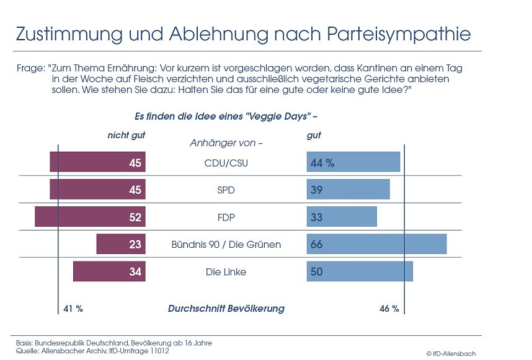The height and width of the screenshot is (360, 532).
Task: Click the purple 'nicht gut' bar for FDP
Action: click(x=90, y=217)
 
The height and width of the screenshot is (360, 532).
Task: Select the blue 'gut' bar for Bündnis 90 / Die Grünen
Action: click(x=376, y=244)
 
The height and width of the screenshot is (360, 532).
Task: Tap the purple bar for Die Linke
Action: click(x=109, y=271)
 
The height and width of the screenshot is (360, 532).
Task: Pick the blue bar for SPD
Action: click(x=348, y=190)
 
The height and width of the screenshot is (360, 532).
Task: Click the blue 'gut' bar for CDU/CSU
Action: click(x=353, y=162)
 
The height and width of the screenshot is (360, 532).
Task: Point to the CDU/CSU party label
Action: click(x=226, y=163)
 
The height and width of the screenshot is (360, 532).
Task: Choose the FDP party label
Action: click(x=226, y=217)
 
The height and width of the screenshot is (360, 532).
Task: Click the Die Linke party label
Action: click(x=226, y=272)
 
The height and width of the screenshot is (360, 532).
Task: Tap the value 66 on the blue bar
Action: click(x=316, y=245)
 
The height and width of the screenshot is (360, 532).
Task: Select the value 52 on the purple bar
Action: click(x=135, y=217)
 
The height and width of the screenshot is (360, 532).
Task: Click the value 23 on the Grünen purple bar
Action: click(x=135, y=245)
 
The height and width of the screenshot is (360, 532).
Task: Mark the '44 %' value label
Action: click(x=322, y=163)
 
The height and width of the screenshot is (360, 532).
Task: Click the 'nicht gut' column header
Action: click(x=126, y=135)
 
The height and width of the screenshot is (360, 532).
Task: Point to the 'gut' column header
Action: click(x=314, y=135)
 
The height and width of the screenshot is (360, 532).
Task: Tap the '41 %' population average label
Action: click(x=73, y=309)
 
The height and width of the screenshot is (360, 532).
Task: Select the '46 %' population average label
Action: click(x=389, y=309)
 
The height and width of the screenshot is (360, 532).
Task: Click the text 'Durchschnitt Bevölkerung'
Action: click(x=226, y=309)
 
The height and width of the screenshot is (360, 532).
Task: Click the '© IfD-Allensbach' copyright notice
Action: click(x=451, y=353)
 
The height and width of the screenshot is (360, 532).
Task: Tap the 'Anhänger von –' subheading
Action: click(x=226, y=143)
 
